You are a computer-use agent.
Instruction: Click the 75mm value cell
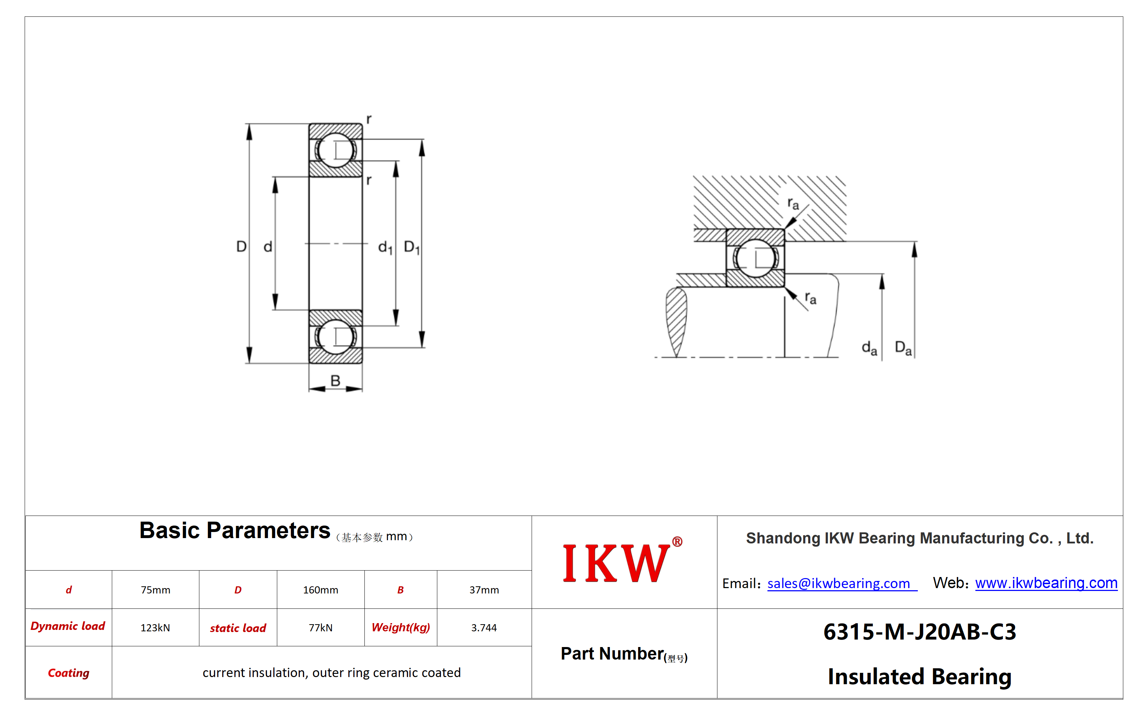pyautogui.click(x=155, y=590)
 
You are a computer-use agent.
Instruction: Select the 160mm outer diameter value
pyautogui.click(x=320, y=590)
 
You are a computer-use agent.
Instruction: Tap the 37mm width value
pyautogui.click(x=484, y=590)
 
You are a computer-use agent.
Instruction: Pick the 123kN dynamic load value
pyautogui.click(x=155, y=627)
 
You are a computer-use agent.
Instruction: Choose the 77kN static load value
pyautogui.click(x=320, y=627)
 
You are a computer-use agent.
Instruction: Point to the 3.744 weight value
pyautogui.click(x=484, y=627)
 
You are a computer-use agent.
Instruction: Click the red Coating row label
pyautogui.click(x=69, y=673)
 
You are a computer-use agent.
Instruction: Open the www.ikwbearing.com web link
pyautogui.click(x=1046, y=583)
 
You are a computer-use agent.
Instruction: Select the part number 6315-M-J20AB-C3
pyautogui.click(x=920, y=632)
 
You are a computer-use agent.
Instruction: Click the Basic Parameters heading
pyautogui.click(x=234, y=531)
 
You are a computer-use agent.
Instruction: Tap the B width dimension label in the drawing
pyautogui.click(x=335, y=380)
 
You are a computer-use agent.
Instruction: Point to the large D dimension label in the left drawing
pyautogui.click(x=241, y=247)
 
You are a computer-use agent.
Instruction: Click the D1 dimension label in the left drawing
pyautogui.click(x=412, y=247)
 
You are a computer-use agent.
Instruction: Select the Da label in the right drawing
pyautogui.click(x=903, y=348)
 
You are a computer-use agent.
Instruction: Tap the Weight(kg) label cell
pyautogui.click(x=401, y=627)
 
